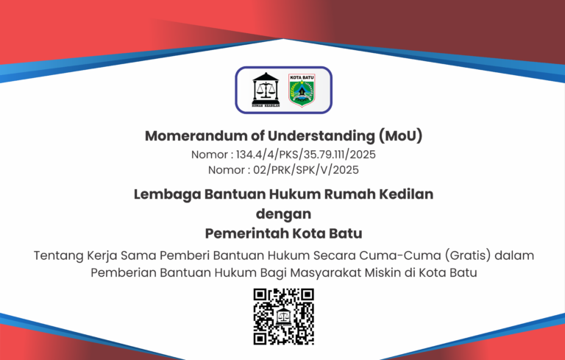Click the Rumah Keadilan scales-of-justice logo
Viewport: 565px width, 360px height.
tap(266, 90)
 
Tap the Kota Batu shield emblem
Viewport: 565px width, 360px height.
tap(302, 90)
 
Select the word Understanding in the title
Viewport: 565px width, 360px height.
tap(321, 136)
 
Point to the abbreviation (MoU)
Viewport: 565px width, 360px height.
tap(400, 136)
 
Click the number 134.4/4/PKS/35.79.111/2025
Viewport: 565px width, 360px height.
tap(305, 155)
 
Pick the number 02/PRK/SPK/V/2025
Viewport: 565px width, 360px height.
tap(306, 170)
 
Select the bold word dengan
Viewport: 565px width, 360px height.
tap(283, 214)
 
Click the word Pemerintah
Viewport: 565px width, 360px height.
tap(247, 233)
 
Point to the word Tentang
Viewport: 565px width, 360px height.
tap(58, 255)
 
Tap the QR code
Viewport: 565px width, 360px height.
tap(283, 317)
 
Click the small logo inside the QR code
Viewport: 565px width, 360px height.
tap(283, 317)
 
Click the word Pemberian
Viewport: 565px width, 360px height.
tap(124, 273)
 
